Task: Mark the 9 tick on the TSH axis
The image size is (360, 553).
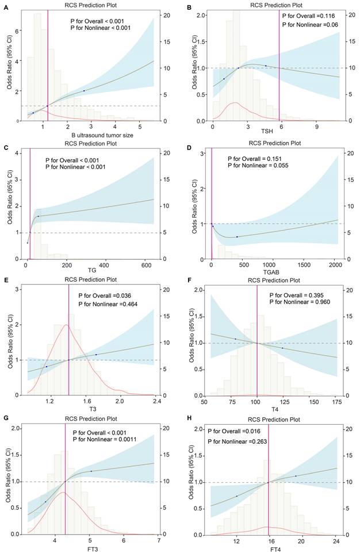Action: [x=316, y=126]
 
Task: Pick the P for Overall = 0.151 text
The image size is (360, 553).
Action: [x=253, y=158]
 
